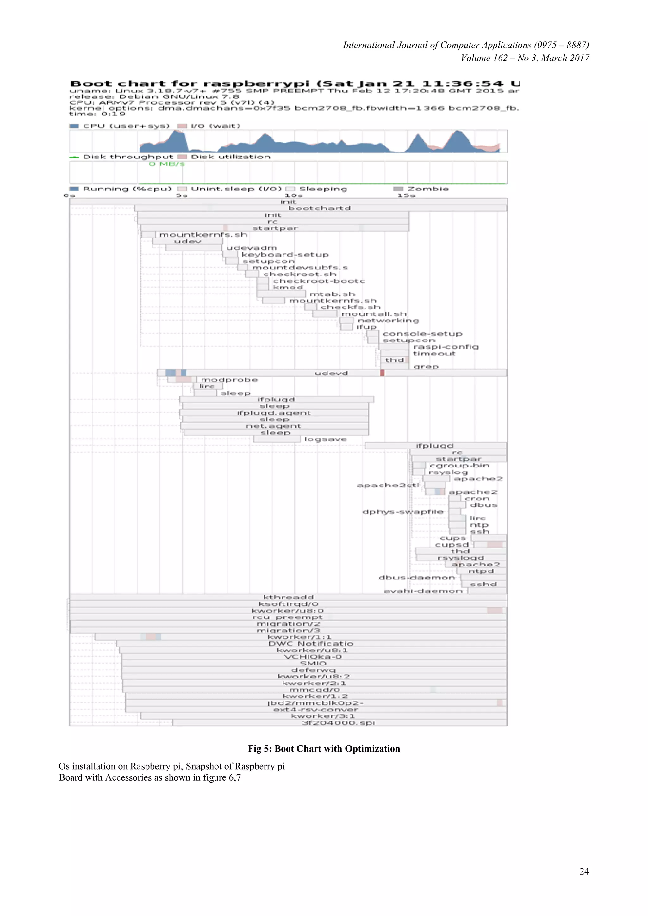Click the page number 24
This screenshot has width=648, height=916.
coord(584,871)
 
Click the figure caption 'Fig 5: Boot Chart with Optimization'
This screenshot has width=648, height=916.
coord(324,748)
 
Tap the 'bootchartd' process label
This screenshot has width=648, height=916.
coord(319,208)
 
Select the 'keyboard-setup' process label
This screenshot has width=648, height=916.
coord(285,255)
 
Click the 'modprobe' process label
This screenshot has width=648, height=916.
coord(229,380)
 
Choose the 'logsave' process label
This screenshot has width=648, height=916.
coord(325,439)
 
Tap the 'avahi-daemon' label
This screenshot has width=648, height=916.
coord(422,591)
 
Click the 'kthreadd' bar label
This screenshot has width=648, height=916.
coord(288,597)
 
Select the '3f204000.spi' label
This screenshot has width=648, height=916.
coord(338,722)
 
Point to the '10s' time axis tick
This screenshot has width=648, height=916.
coord(294,195)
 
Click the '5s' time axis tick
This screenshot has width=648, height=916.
coord(182,195)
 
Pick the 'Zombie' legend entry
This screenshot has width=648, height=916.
coord(427,189)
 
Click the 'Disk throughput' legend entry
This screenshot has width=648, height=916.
coord(128,157)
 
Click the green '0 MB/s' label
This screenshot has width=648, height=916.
coord(167,164)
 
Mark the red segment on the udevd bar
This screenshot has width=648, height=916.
coord(382,373)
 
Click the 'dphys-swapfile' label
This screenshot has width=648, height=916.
coord(402,512)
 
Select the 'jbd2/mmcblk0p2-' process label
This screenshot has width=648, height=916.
coord(315,703)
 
